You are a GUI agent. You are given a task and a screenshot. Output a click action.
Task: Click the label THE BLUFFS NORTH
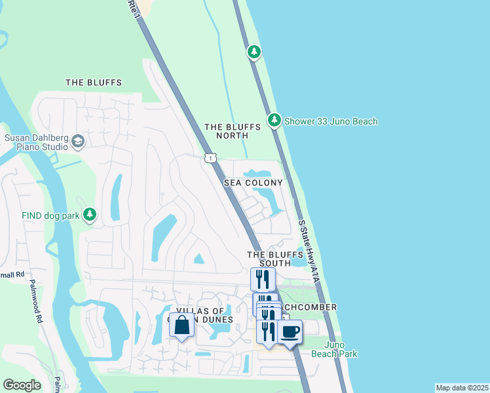coord(226,131)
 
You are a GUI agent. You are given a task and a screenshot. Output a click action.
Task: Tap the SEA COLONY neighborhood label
coord(254,183)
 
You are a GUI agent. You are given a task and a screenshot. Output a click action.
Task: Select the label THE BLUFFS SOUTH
coord(269,259)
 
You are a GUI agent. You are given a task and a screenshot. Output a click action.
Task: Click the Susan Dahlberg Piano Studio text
coord(36,142)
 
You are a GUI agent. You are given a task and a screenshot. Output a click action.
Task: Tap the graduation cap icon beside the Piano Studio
coord(78,141)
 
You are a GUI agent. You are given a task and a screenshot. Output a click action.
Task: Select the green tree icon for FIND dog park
coord(90,215)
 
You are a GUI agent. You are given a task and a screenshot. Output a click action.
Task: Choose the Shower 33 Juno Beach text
coord(331,121)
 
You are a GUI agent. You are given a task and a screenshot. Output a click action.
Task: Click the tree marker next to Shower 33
coord(274,121)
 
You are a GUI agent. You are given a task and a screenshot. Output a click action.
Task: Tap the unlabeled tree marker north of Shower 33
coord(254,52)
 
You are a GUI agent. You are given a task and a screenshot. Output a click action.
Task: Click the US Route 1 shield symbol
coord(210,158)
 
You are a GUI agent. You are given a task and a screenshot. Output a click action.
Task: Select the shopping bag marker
coord(181,325)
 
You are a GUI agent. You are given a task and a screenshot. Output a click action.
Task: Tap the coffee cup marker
coord(290,331)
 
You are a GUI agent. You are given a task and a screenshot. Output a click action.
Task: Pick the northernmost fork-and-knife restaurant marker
coord(263,279)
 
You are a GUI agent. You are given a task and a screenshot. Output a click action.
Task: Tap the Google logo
coord(22,385)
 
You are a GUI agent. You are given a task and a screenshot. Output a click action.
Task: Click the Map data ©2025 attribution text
coord(461,388)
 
